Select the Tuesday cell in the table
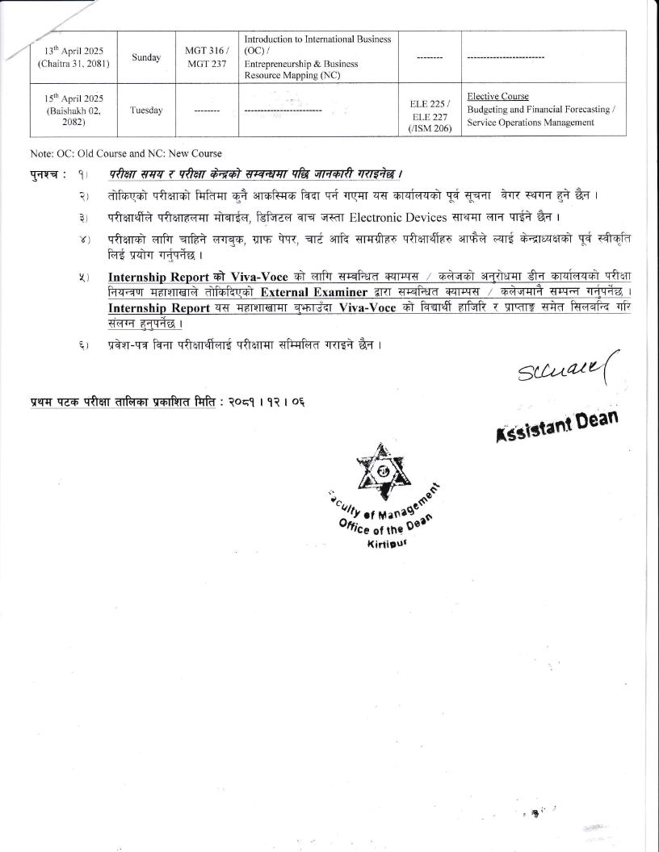[146, 110]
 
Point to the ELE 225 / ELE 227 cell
[430, 103]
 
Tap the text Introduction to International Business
[317, 40]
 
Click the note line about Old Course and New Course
[125, 153]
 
